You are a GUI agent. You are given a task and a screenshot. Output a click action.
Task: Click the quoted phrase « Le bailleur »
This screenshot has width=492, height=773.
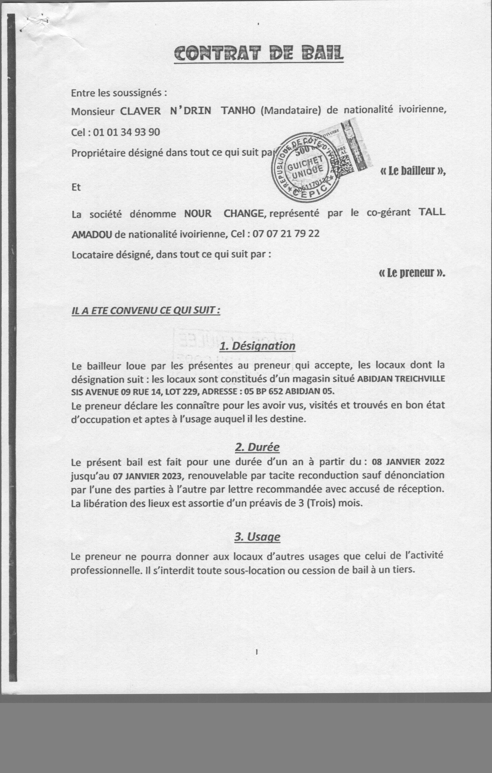[x=413, y=171]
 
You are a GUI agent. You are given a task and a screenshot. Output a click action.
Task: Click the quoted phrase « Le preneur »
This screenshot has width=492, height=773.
[x=412, y=273]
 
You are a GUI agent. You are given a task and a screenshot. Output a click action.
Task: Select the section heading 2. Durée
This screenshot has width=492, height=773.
[x=257, y=447]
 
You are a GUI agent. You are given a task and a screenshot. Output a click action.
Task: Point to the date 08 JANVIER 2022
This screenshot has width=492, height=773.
[x=408, y=462]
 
